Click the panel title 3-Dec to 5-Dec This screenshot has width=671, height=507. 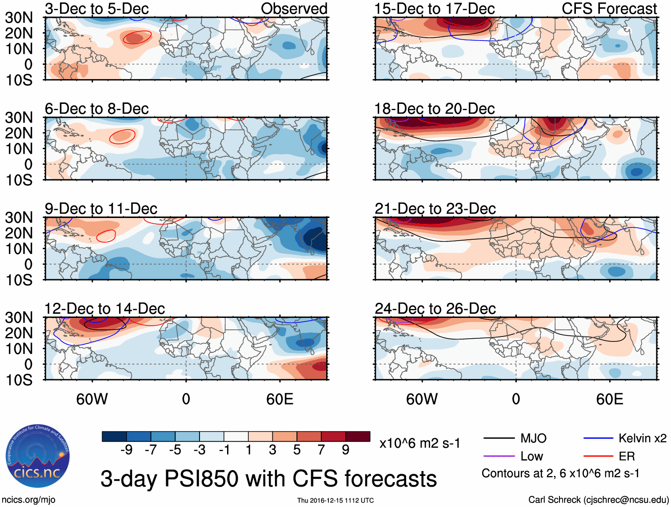point(96,9)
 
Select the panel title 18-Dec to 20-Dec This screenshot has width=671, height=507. point(434,109)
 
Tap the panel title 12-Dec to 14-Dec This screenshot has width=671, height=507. point(104,309)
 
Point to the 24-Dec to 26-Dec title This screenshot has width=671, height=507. point(435,309)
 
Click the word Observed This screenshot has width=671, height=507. point(294,9)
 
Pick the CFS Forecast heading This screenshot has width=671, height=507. point(609,9)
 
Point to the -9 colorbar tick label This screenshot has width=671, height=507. point(126,450)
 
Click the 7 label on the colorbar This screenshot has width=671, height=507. point(321,450)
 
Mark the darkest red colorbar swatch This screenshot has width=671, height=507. point(358,436)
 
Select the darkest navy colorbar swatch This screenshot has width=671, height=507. point(114,436)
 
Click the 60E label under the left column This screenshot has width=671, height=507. point(280,399)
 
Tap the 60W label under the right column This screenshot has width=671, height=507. point(422,399)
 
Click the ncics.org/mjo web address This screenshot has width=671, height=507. point(28,500)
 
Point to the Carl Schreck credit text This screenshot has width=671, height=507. point(598,500)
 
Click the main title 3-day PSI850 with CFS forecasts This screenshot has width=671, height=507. point(268,479)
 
